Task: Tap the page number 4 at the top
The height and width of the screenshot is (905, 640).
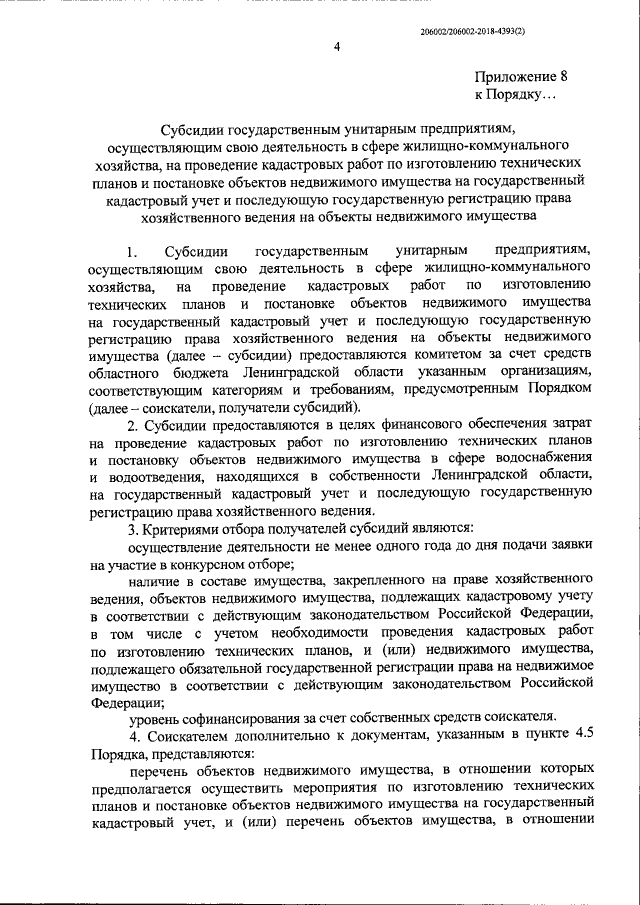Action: [x=337, y=47]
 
